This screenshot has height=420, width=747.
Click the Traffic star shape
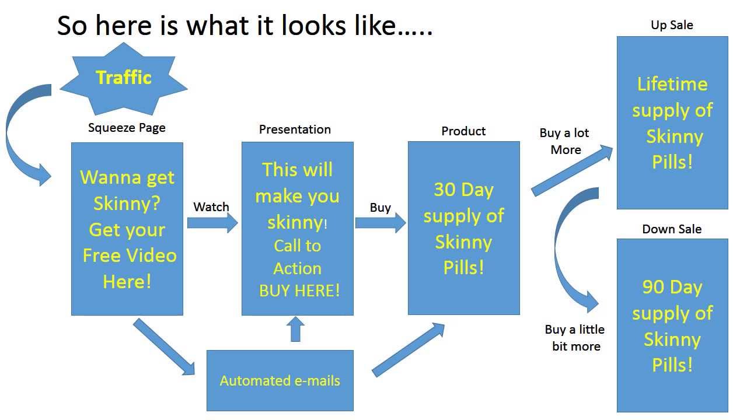pos(124,78)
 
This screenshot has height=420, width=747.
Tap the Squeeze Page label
pos(127,128)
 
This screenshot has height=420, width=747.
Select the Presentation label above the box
pos(295,129)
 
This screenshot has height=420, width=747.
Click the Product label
pos(463,131)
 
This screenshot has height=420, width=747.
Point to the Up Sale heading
pos(672,25)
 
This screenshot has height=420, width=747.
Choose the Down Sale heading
pos(672,229)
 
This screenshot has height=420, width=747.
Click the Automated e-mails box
pos(280,381)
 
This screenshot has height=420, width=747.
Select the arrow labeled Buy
pos(380,223)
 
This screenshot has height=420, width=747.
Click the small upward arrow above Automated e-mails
pos(296,330)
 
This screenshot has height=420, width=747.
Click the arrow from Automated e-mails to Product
pos(409,349)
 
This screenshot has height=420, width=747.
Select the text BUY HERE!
pos(299,290)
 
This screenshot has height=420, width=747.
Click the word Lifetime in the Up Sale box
pos(672,85)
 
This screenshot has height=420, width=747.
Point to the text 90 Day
pos(672,287)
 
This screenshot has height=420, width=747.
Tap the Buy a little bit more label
pos(575,338)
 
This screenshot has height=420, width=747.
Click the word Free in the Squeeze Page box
pos(104,256)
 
